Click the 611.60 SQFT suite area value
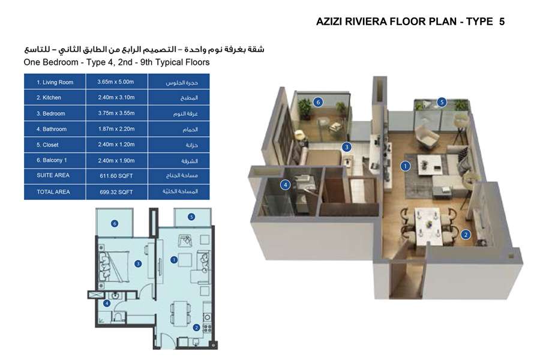click(116, 176)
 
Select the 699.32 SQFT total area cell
click(116, 192)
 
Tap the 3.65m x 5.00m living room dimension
click(116, 82)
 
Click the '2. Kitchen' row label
click(49, 98)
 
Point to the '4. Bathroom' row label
click(52, 129)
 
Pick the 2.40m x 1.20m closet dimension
click(116, 145)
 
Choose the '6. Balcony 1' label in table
click(52, 160)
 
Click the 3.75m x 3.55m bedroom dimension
click(116, 113)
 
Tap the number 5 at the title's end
click(502, 22)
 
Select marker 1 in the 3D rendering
click(406, 166)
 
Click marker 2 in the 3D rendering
click(466, 235)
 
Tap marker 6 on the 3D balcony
click(318, 102)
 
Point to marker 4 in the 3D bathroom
click(285, 185)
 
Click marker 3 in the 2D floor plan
click(138, 264)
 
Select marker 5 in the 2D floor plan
click(191, 217)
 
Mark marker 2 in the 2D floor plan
click(196, 328)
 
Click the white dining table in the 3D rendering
click(428, 226)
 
